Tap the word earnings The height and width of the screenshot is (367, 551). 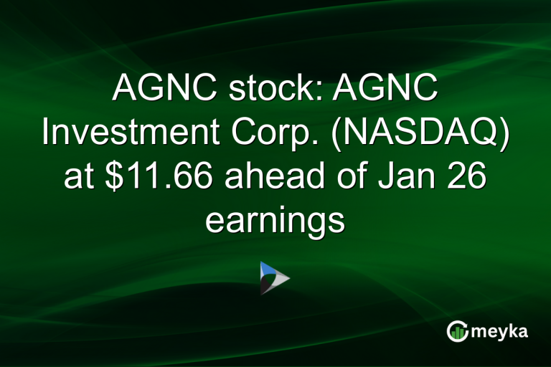pos(275,219)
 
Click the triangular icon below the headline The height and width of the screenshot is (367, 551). pos(274,278)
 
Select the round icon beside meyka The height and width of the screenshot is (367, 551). pos(457,331)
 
